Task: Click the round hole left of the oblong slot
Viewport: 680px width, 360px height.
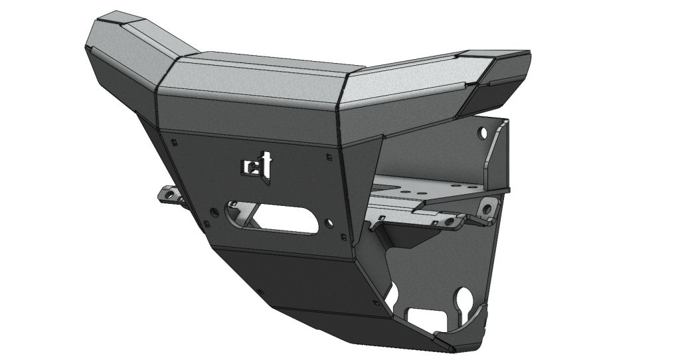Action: click(214, 211)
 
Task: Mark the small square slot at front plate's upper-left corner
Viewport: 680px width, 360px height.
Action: click(173, 141)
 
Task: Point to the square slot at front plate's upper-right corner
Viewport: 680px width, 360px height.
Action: click(329, 157)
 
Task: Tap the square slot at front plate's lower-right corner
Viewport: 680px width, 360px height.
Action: click(343, 236)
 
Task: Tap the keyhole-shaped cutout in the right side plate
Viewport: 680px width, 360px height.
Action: click(463, 296)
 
